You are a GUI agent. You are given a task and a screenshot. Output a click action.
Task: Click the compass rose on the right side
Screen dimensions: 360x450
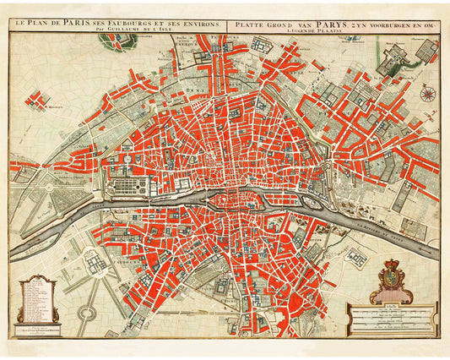tap(427, 95)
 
